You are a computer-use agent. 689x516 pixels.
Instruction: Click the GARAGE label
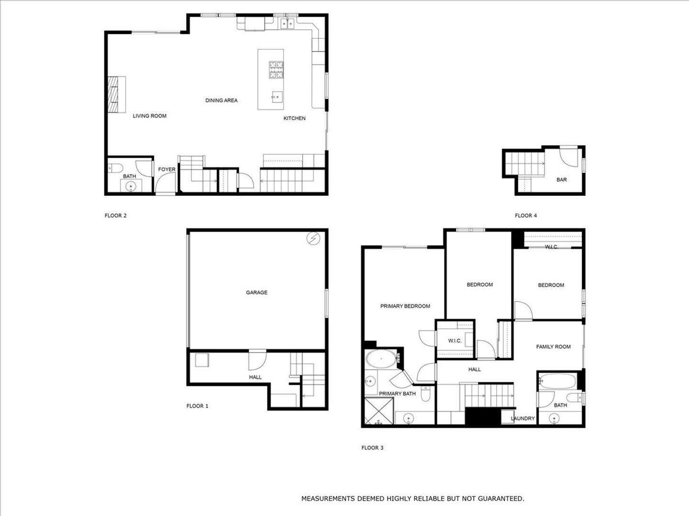tap(256, 292)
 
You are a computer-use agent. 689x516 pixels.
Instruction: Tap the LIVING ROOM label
tap(149, 116)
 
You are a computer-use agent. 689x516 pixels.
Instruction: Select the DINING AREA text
tap(222, 100)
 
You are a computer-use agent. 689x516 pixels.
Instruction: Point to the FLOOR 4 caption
tap(526, 215)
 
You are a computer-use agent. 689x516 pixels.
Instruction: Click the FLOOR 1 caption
tap(197, 406)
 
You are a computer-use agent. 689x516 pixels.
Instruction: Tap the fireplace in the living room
tap(117, 94)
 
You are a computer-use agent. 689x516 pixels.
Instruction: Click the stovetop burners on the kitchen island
tap(276, 70)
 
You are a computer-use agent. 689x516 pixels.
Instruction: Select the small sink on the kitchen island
tap(277, 97)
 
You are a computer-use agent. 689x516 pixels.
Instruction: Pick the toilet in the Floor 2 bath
tap(115, 168)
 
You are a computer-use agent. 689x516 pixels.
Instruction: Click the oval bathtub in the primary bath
tap(381, 359)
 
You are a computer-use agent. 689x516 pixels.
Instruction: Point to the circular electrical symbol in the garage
tap(313, 238)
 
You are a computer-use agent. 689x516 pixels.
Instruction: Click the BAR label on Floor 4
tap(562, 180)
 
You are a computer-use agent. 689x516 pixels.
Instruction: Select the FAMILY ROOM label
tap(553, 347)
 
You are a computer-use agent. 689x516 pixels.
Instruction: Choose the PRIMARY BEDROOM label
tap(405, 306)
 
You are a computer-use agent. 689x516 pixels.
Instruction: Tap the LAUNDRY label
tap(522, 419)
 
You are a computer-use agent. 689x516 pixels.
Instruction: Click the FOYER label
tap(167, 170)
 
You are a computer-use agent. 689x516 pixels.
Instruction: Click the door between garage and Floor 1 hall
tap(257, 360)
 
